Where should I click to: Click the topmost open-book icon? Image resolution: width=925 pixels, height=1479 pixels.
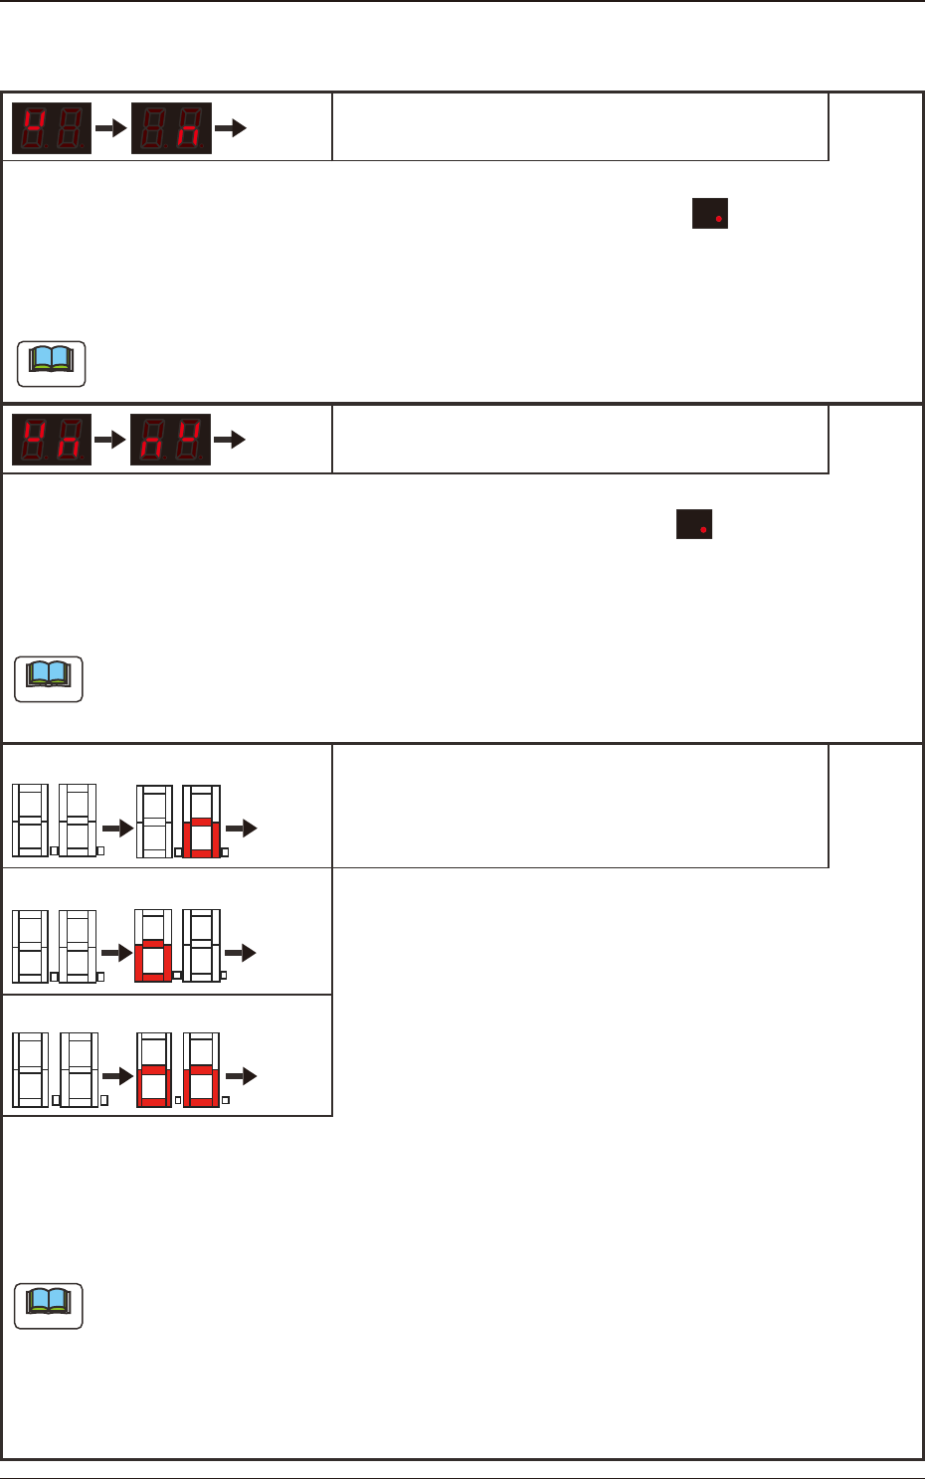coord(52,363)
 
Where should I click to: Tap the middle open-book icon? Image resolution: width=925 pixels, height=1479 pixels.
coord(50,678)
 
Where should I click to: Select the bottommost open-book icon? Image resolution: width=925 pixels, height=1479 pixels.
coord(49,1306)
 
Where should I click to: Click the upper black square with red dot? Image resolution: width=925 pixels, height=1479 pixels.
coord(710,214)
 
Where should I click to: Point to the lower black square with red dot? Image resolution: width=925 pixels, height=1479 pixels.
coord(694,524)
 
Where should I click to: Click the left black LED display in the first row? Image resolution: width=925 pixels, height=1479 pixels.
coord(52,127)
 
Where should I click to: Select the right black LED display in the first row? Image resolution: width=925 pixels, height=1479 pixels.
coord(171,127)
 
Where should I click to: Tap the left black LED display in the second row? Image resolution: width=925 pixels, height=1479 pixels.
coord(52,439)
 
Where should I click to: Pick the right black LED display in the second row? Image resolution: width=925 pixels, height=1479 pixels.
coord(171,439)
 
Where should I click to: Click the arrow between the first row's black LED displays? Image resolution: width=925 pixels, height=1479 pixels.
coord(110,127)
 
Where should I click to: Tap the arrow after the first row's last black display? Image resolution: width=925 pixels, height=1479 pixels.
coord(231,127)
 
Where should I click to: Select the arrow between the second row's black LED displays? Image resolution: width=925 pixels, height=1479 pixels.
coord(110,439)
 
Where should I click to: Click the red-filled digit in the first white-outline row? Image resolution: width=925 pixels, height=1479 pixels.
coord(202,822)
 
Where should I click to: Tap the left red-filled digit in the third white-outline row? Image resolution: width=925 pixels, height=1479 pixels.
coord(154,1070)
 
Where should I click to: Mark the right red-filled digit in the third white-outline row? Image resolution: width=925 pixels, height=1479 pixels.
coord(202,1070)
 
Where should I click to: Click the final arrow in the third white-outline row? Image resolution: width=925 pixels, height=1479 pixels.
coord(242,1076)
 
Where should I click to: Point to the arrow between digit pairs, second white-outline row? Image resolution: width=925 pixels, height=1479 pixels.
coord(117,952)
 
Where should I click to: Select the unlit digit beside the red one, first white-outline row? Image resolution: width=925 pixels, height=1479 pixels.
coord(154,822)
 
